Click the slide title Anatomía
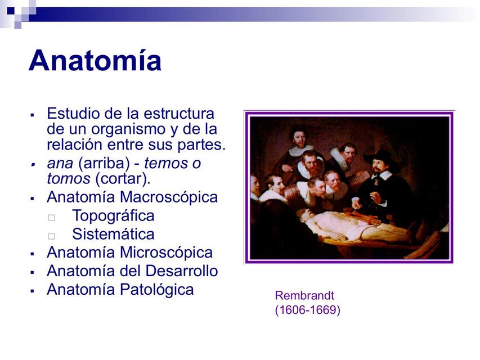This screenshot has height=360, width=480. point(95,61)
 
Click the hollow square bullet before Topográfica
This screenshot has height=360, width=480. point(52,217)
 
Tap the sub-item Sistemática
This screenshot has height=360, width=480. point(113,234)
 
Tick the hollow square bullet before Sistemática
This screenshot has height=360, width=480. point(52,236)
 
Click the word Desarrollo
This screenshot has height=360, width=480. point(181,271)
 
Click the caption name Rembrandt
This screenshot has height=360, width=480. point(304,295)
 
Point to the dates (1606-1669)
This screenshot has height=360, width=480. point(307,309)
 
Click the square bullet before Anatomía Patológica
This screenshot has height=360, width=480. point(33,291)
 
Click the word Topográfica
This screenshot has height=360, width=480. point(113,216)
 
